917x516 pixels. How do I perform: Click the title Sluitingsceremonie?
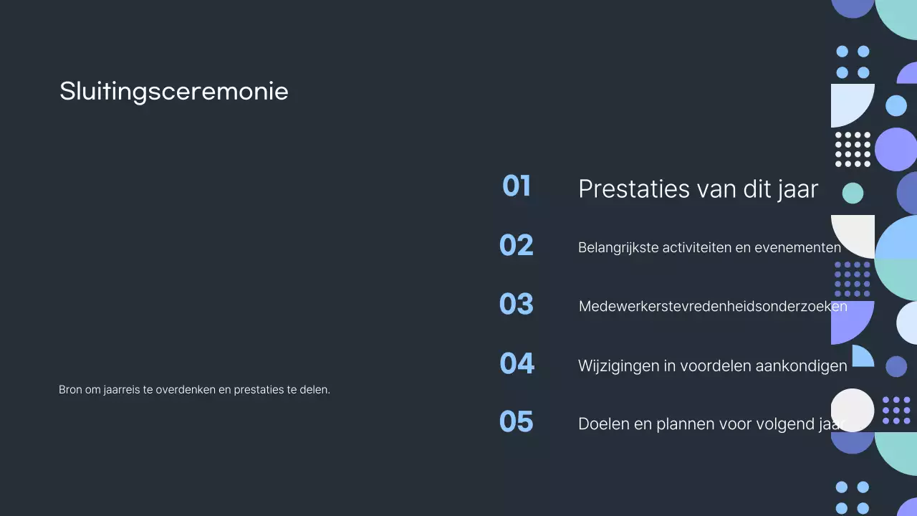pos(173,92)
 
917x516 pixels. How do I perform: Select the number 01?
pos(517,186)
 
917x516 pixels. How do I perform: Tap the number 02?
pos(517,246)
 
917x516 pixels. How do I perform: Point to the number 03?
pos(517,305)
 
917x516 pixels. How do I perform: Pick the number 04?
pos(517,363)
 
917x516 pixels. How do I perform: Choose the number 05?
pos(517,422)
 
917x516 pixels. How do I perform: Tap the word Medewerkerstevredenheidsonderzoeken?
pos(713,307)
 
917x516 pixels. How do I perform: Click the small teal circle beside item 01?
pos(853,193)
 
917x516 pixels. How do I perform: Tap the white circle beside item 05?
pos(853,410)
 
